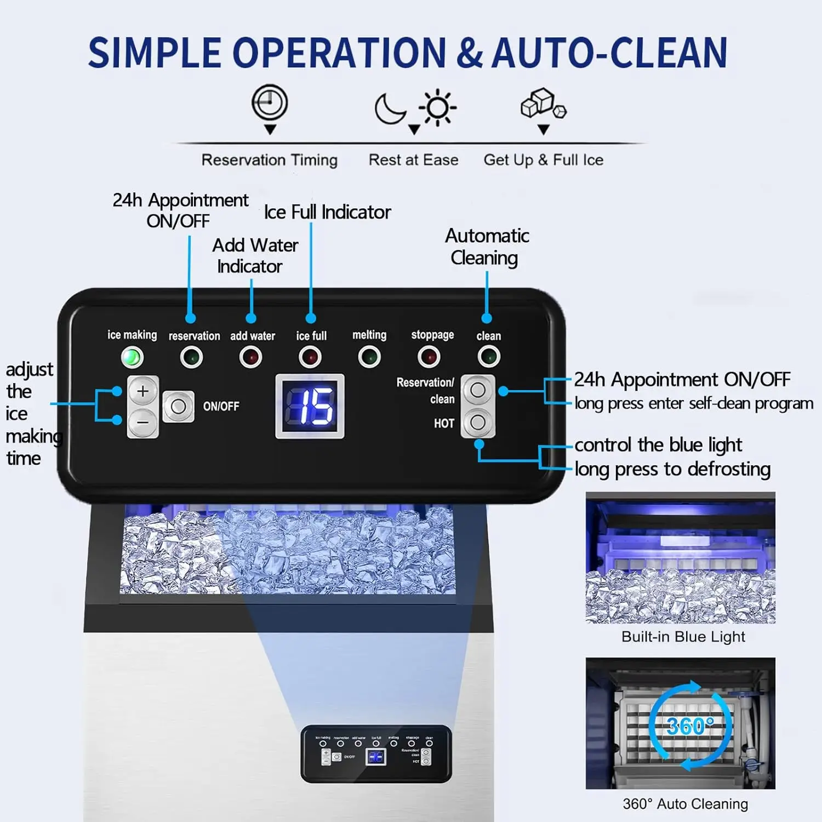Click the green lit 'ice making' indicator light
click(132, 358)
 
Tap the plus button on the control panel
click(143, 391)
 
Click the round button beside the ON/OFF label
click(178, 407)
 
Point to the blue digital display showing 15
click(310, 406)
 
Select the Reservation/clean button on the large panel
click(478, 390)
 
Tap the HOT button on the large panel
click(478, 423)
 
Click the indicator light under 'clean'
click(488, 357)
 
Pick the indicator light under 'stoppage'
click(429, 357)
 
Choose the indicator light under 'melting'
click(369, 357)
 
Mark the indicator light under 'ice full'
click(310, 357)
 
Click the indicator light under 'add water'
click(251, 357)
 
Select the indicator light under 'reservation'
click(191, 357)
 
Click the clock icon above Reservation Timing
click(270, 102)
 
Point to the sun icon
click(437, 107)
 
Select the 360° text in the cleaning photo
click(690, 726)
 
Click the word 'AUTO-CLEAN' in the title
click(609, 53)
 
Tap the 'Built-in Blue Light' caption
click(683, 637)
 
